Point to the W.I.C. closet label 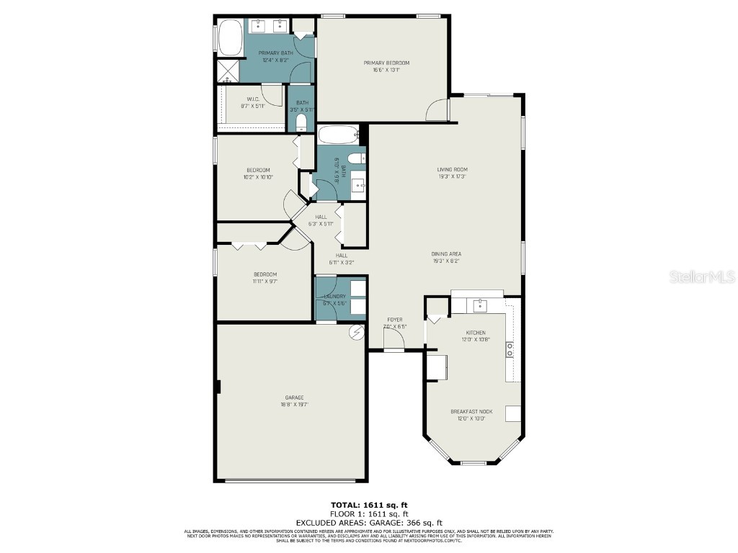coord(252,99)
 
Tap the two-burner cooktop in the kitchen coord(510,350)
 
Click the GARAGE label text coord(294,397)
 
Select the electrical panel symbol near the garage coord(357,332)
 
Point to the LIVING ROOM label coord(452,170)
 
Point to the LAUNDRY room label coord(334,296)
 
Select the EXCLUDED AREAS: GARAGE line coord(368,523)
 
